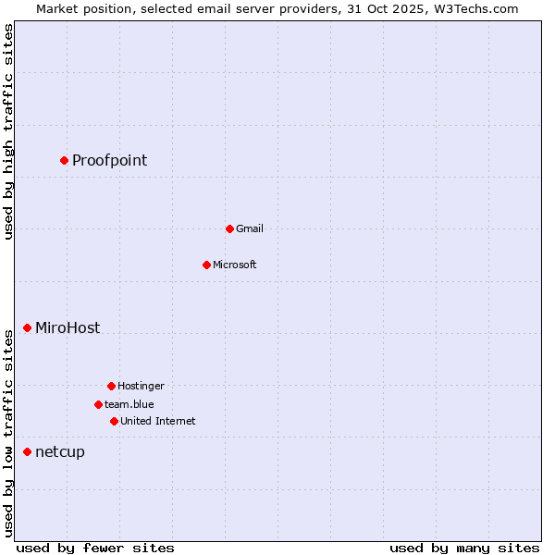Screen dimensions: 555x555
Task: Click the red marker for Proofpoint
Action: (64, 160)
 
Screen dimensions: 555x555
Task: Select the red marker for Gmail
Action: (229, 228)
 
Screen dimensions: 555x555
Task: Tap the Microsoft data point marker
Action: (206, 265)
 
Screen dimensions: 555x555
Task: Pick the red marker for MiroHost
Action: (27, 327)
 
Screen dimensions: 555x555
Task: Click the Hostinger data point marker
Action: (111, 386)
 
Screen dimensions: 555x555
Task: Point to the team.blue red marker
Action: (98, 404)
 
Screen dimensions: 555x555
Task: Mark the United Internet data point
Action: (114, 421)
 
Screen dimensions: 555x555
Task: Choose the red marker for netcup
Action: (27, 451)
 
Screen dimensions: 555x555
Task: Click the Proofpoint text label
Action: (109, 161)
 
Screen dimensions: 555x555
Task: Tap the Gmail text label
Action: (250, 229)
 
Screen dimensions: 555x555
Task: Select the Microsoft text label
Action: (235, 265)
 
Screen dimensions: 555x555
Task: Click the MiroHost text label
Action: (68, 328)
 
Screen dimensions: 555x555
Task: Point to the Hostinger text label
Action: (141, 387)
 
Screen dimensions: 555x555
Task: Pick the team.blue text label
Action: (129, 405)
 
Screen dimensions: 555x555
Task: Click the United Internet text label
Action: (158, 422)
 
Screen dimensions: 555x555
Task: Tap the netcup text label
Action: (60, 452)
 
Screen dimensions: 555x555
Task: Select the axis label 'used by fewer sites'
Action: (95, 548)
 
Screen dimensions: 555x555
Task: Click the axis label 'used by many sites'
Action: (464, 548)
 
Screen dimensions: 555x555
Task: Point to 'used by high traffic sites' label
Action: (8, 131)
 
